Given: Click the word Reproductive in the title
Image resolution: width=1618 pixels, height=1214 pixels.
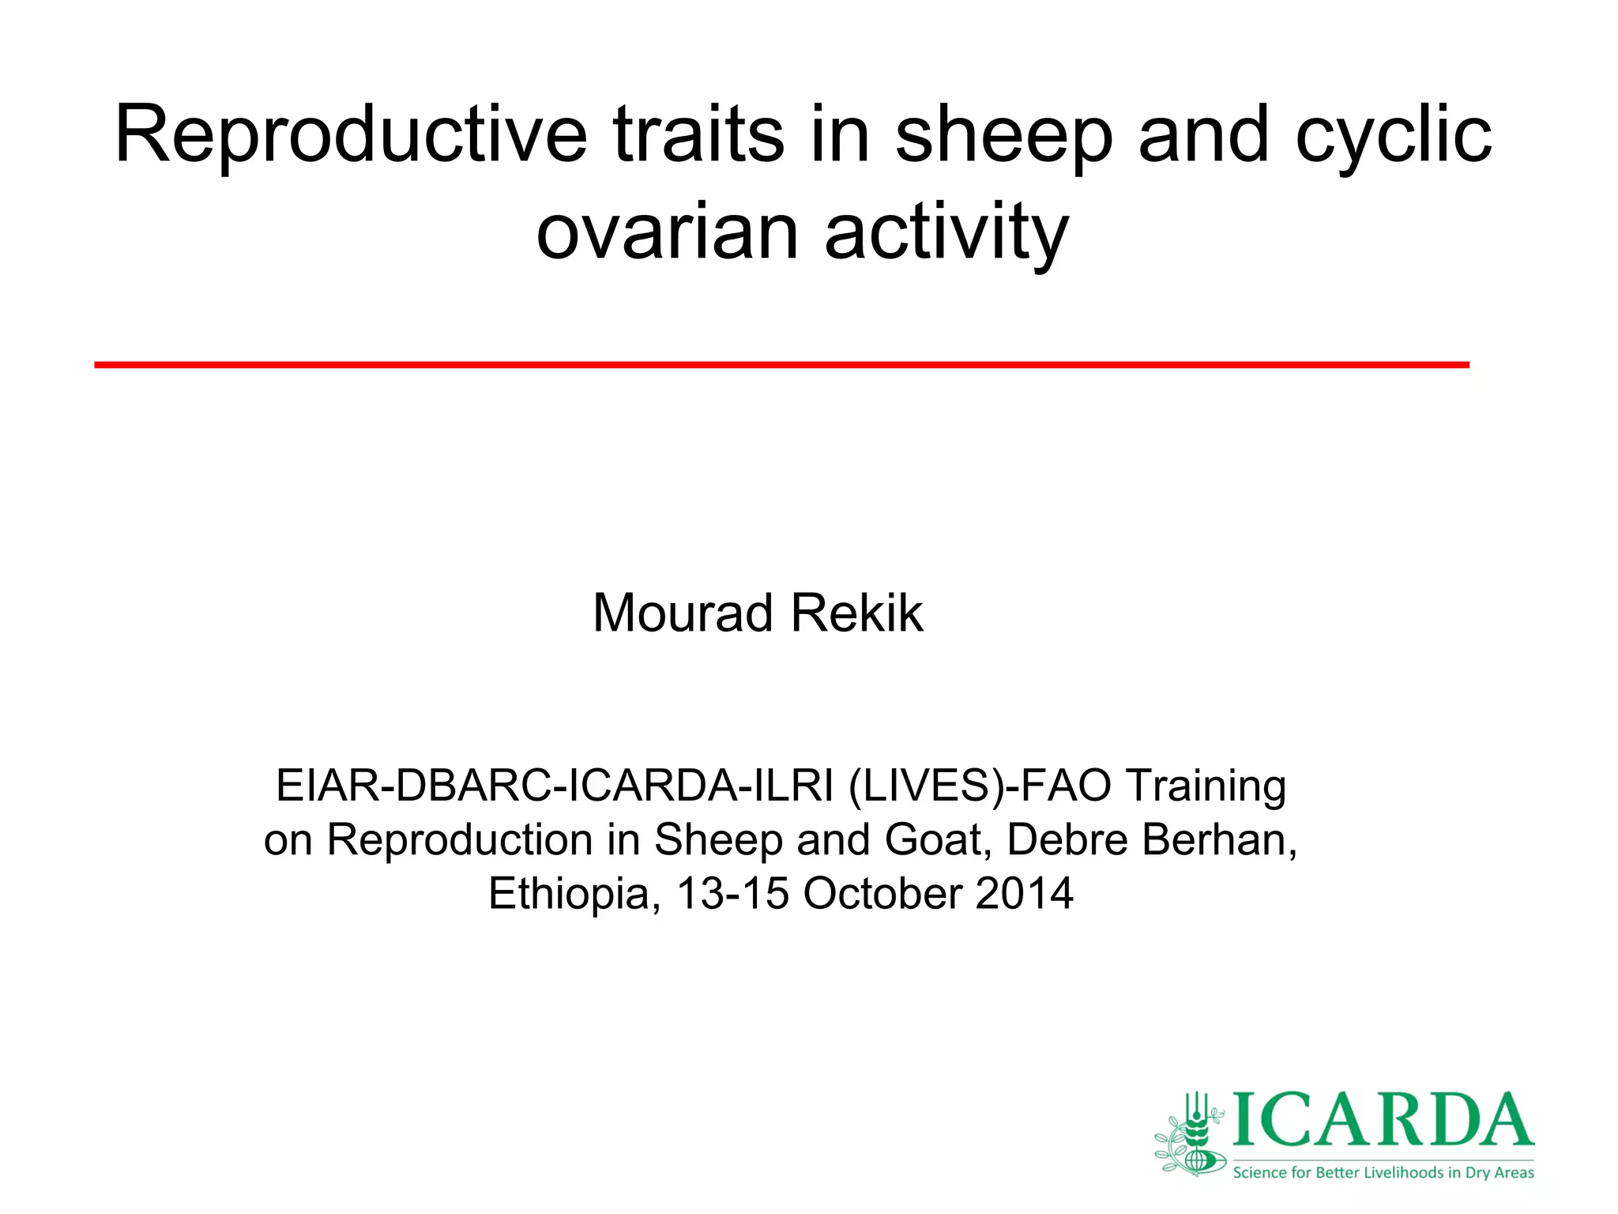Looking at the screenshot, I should [x=351, y=136].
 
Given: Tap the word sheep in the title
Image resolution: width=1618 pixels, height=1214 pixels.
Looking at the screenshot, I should [x=1003, y=136].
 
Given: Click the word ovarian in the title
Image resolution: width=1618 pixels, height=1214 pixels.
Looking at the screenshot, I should [x=667, y=232].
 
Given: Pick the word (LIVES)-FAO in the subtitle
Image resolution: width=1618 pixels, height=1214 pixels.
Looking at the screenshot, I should [x=980, y=786].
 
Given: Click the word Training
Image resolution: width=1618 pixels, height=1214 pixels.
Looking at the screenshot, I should [x=1206, y=786].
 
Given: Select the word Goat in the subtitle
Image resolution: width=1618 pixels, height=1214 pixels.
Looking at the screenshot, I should [x=937, y=839].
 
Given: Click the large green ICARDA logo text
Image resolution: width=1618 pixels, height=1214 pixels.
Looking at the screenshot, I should [x=1383, y=1121].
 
